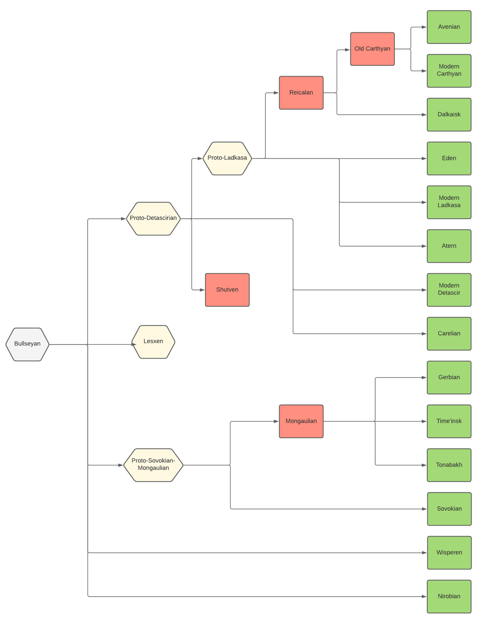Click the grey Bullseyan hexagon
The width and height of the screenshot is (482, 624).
(27, 344)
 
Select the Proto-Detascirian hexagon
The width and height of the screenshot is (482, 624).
(153, 218)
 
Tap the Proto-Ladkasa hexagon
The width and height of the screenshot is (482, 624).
(227, 158)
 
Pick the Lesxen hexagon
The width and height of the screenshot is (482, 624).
(153, 342)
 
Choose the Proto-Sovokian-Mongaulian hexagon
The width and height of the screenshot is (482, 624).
(153, 465)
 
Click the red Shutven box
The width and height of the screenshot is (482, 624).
(227, 290)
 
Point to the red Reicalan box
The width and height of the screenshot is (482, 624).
(301, 93)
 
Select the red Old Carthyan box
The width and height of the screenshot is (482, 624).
(372, 49)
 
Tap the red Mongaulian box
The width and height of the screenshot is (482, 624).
(301, 421)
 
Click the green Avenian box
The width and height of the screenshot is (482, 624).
(449, 27)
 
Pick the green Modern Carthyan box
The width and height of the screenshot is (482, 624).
(449, 71)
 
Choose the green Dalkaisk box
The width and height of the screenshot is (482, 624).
(449, 114)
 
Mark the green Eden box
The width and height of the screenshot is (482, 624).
(449, 158)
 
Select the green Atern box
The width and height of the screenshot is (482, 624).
(449, 246)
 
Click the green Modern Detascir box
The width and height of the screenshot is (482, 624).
(449, 290)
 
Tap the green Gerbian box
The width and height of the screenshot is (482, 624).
(449, 377)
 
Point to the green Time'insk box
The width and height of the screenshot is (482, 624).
(449, 421)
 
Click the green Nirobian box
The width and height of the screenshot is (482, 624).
(449, 597)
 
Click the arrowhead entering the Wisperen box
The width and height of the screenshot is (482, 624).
(425, 553)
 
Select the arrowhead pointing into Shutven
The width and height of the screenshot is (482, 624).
(202, 290)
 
